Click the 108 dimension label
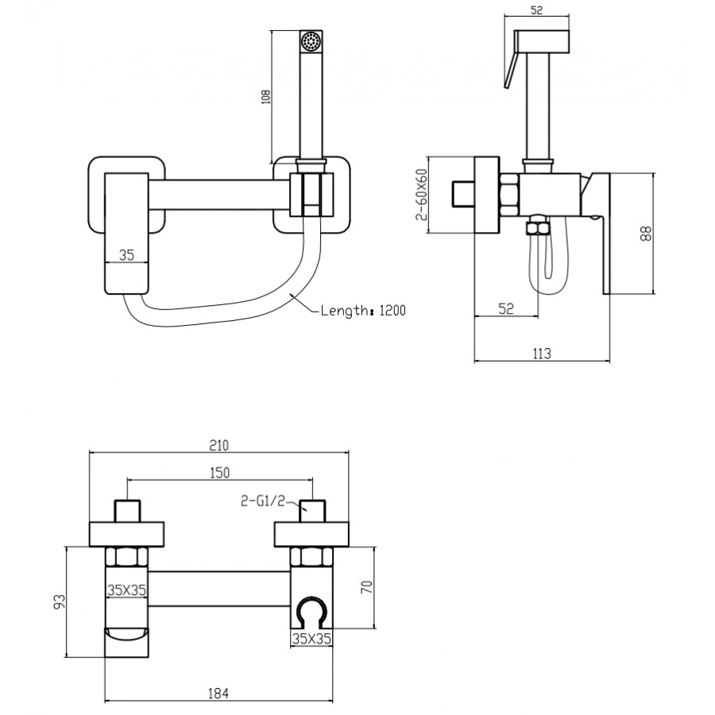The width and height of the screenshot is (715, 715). pos(266,96)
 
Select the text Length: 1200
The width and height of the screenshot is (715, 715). pos(363,311)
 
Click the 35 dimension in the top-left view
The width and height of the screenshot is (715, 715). pos(126,256)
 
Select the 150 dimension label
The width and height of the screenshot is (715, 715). pos(219,473)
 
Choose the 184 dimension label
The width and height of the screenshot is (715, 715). pos(219,693)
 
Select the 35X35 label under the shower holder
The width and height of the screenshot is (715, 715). pos(312,638)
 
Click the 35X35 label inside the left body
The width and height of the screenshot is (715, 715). pos(126,589)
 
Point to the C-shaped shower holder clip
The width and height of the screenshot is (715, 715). pos(311,613)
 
